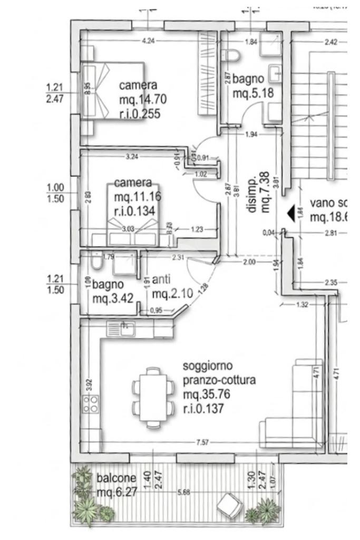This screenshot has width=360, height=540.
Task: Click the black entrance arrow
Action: click(290, 213)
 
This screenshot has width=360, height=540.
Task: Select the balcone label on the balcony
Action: click(116, 478)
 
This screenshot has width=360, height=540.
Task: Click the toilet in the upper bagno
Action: click(231, 54)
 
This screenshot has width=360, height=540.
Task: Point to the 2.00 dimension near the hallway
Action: click(249, 262)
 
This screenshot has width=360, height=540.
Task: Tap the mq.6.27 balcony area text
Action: click(118, 493)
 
